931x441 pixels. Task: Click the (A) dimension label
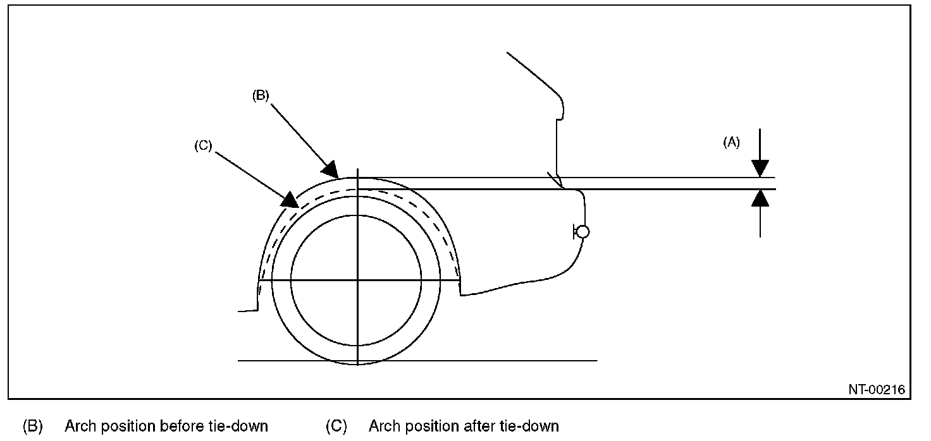(731, 143)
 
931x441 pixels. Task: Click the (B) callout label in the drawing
(261, 96)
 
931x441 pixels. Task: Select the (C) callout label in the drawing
(203, 145)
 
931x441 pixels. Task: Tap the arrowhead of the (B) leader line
(331, 169)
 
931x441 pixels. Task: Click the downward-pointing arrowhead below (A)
(760, 169)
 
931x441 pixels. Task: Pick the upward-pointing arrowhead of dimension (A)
(760, 198)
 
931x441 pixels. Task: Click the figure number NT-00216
(876, 390)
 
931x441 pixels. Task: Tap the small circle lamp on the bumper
(583, 233)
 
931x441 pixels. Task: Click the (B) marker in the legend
(32, 426)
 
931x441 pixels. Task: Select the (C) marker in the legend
(336, 426)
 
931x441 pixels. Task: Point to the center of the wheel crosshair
(357, 280)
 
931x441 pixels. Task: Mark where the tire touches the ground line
(357, 361)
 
